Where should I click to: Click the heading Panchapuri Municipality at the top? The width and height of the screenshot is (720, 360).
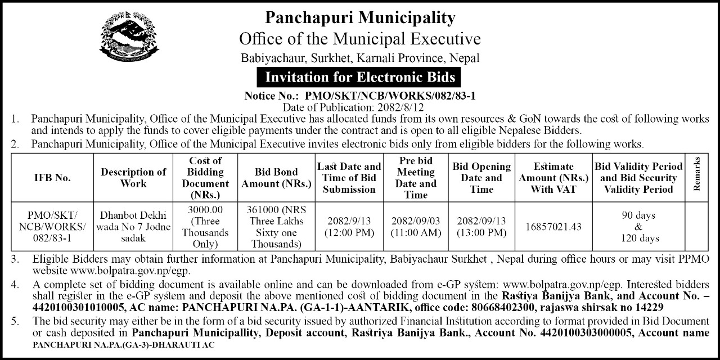click(x=360, y=18)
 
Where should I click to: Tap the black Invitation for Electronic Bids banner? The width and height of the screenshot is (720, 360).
click(x=360, y=75)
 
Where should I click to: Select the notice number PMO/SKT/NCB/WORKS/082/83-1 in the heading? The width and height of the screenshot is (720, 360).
click(x=390, y=96)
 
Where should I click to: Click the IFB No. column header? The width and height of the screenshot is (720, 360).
click(x=52, y=178)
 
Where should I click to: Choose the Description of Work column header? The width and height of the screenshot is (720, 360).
click(x=133, y=178)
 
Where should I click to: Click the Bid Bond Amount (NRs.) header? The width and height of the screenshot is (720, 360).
click(x=276, y=178)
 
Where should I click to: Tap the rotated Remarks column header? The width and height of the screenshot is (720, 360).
click(x=697, y=174)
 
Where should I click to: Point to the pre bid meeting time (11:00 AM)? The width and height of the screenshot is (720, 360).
click(x=416, y=232)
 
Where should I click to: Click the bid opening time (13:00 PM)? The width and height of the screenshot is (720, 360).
click(x=482, y=232)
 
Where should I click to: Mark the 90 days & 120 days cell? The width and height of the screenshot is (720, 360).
click(x=638, y=227)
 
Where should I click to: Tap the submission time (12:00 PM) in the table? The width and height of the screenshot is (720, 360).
click(x=349, y=232)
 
